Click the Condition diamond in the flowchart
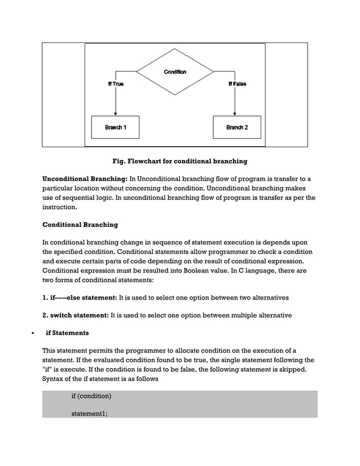[175, 72]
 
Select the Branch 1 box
[115, 128]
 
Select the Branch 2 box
[236, 128]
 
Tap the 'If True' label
[116, 84]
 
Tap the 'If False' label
[237, 84]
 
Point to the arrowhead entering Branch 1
[115, 113]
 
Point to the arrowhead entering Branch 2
[236, 113]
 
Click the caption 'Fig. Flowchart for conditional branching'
[179, 161]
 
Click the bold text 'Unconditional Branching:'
[85, 179]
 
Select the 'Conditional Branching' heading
[80, 225]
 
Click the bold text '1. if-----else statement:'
[80, 297]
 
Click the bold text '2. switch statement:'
[76, 315]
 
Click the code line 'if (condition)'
[91, 396]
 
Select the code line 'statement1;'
[89, 414]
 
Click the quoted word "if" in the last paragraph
[47, 370]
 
